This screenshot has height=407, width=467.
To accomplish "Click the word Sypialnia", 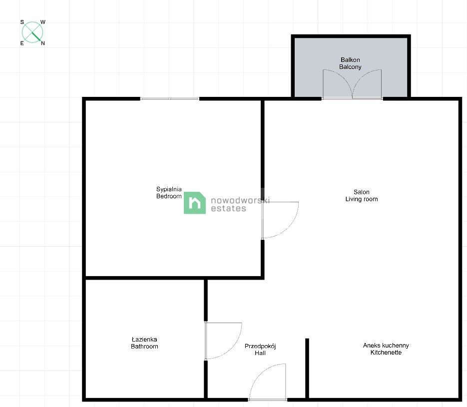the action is pos(169,189).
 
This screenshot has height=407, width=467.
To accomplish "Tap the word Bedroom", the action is pos(169,196).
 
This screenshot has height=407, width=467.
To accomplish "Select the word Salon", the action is pos(361,192).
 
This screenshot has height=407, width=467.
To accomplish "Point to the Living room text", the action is pos(361,199).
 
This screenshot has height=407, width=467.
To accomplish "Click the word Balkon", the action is pos(350,60).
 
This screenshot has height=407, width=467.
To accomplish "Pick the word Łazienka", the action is pos(144,339).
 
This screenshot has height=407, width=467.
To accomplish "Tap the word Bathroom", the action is pos(144,346).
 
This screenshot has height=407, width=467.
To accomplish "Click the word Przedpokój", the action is pos(260,346).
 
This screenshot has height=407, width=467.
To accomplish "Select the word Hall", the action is pos(260,353).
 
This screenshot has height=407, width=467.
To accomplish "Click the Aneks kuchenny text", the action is pos(386,346).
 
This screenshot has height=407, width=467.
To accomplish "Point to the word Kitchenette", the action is pos(386,353).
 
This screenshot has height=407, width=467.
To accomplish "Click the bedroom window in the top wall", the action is pos(169,98).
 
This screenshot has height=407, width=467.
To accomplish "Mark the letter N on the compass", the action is pos(43,43).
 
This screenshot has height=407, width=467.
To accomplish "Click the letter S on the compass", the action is pos(22,22).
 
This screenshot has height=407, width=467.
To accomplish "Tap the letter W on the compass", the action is pos(43,22).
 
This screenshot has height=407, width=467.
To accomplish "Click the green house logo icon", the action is pos(195,203).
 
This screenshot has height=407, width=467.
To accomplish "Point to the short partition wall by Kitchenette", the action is pos(307,369).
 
